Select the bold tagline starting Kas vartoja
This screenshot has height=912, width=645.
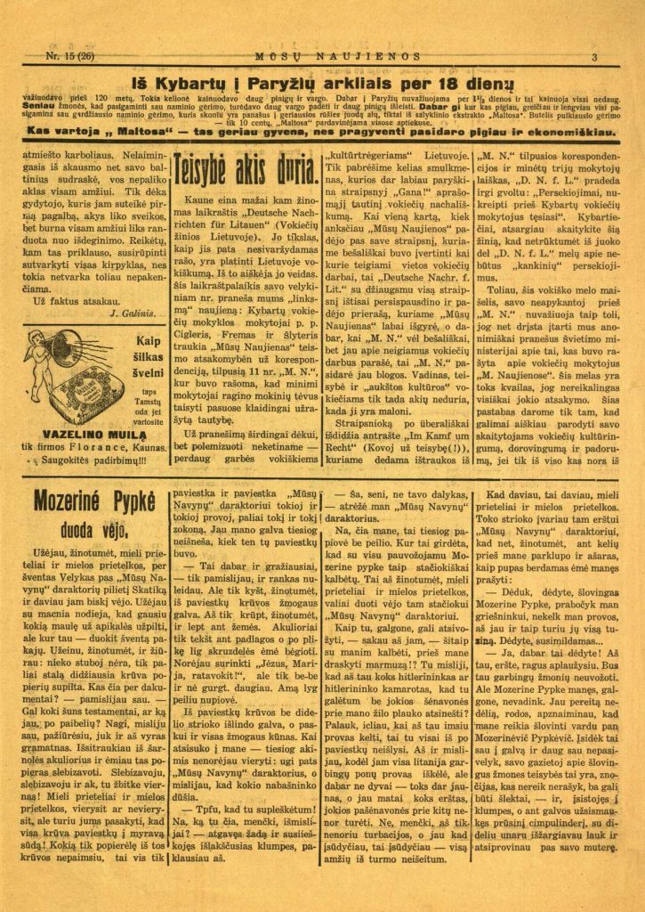[x=324, y=131]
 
